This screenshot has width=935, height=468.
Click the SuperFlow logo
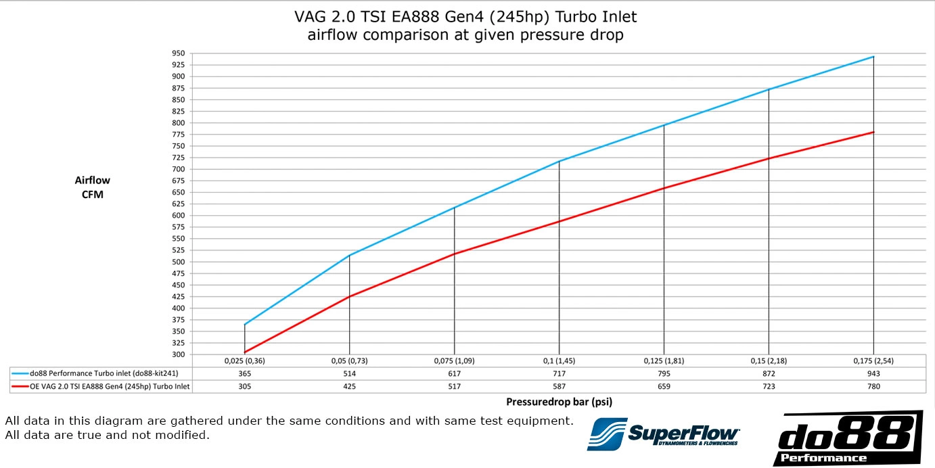coord(664,432)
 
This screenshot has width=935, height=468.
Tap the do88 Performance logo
coord(848,439)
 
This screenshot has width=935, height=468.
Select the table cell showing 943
coord(873,373)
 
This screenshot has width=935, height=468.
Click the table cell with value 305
coord(245,386)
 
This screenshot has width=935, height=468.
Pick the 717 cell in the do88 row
coord(559,373)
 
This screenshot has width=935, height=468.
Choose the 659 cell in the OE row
coord(664,386)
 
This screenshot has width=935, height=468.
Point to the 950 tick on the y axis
coord(179,53)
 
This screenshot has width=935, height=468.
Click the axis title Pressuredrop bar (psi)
coord(559,402)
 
